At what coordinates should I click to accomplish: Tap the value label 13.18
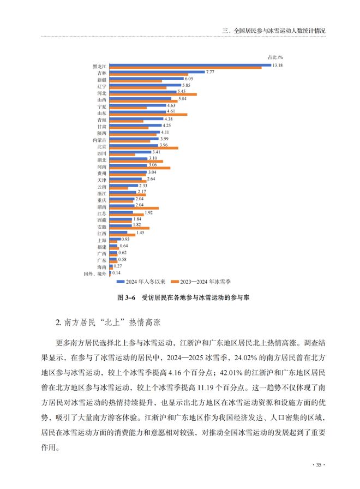[x=279, y=65]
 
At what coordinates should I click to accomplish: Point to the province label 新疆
[x=101, y=80]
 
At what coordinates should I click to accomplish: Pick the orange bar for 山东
[x=148, y=115]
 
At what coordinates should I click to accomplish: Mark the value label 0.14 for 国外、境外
[x=117, y=273]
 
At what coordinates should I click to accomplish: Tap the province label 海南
[x=101, y=267]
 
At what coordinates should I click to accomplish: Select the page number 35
[x=319, y=465]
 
